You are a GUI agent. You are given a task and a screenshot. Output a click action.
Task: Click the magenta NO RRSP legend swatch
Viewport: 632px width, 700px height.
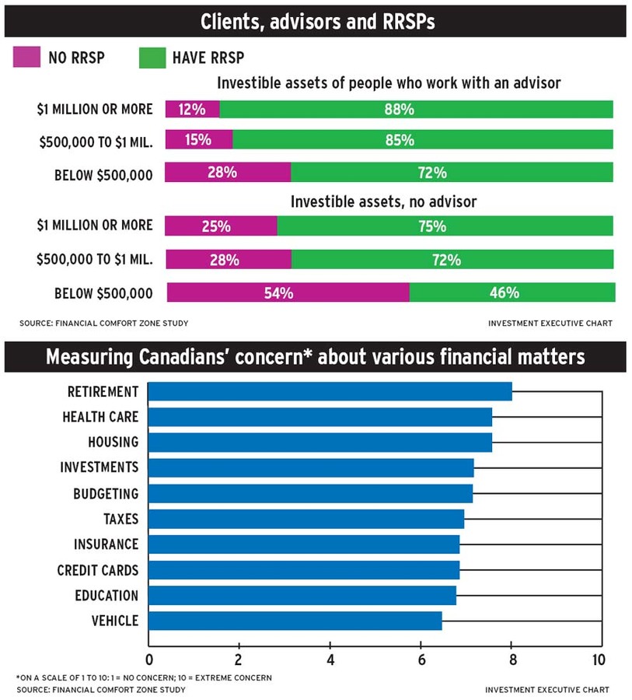pyautogui.click(x=27, y=58)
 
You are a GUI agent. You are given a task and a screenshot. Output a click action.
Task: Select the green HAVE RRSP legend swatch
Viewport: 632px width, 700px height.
pyautogui.click(x=152, y=58)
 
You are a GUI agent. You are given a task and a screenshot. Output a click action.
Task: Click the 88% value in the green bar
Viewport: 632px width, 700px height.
pyautogui.click(x=400, y=110)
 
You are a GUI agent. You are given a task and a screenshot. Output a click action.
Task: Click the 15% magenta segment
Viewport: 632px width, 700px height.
pyautogui.click(x=199, y=140)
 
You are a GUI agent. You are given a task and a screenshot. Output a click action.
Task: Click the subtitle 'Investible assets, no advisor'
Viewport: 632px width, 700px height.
pyautogui.click(x=383, y=201)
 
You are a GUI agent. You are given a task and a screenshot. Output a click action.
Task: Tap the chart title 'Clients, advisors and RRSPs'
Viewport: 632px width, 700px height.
pyautogui.click(x=317, y=22)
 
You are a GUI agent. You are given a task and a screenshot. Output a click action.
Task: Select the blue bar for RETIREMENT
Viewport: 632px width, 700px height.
pyautogui.click(x=330, y=391)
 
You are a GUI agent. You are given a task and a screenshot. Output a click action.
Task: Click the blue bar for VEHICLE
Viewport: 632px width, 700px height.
pyautogui.click(x=295, y=621)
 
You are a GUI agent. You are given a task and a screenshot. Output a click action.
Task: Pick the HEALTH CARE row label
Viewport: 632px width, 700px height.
pyautogui.click(x=100, y=417)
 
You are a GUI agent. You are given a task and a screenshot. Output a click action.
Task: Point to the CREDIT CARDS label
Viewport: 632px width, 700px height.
pyautogui.click(x=97, y=570)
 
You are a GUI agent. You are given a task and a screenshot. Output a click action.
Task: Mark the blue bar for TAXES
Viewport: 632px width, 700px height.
pyautogui.click(x=306, y=519)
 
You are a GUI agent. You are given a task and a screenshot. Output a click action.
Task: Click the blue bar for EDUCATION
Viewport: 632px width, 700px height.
pyautogui.click(x=302, y=596)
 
